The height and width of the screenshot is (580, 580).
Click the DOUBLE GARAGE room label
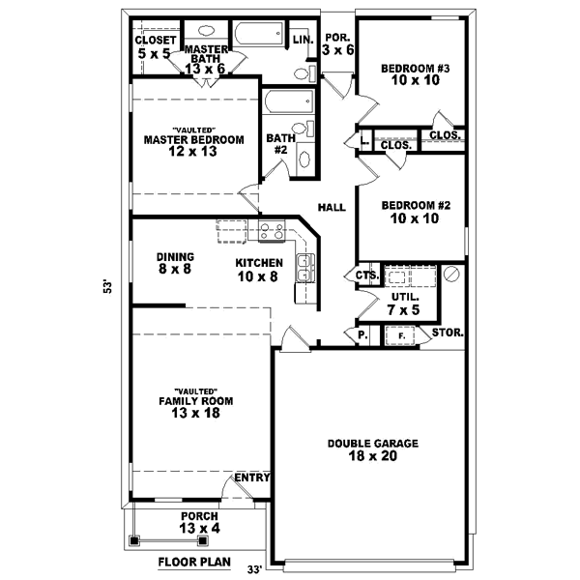click(372, 444)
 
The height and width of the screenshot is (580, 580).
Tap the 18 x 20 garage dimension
click(372, 456)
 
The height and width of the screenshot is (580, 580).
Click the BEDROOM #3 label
click(411, 69)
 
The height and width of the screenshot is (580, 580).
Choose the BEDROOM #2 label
click(411, 206)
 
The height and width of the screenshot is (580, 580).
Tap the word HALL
click(333, 207)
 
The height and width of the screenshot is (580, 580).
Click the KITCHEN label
click(259, 263)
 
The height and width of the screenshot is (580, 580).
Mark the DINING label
click(176, 257)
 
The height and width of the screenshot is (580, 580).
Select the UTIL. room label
click(405, 297)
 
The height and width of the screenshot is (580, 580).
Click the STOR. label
click(448, 333)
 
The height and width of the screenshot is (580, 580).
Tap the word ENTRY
click(252, 478)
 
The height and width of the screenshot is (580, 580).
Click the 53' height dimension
click(110, 286)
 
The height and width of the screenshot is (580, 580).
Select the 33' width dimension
click(254, 570)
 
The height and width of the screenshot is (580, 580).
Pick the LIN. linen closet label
click(303, 40)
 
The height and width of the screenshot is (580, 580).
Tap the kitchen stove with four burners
click(270, 231)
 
